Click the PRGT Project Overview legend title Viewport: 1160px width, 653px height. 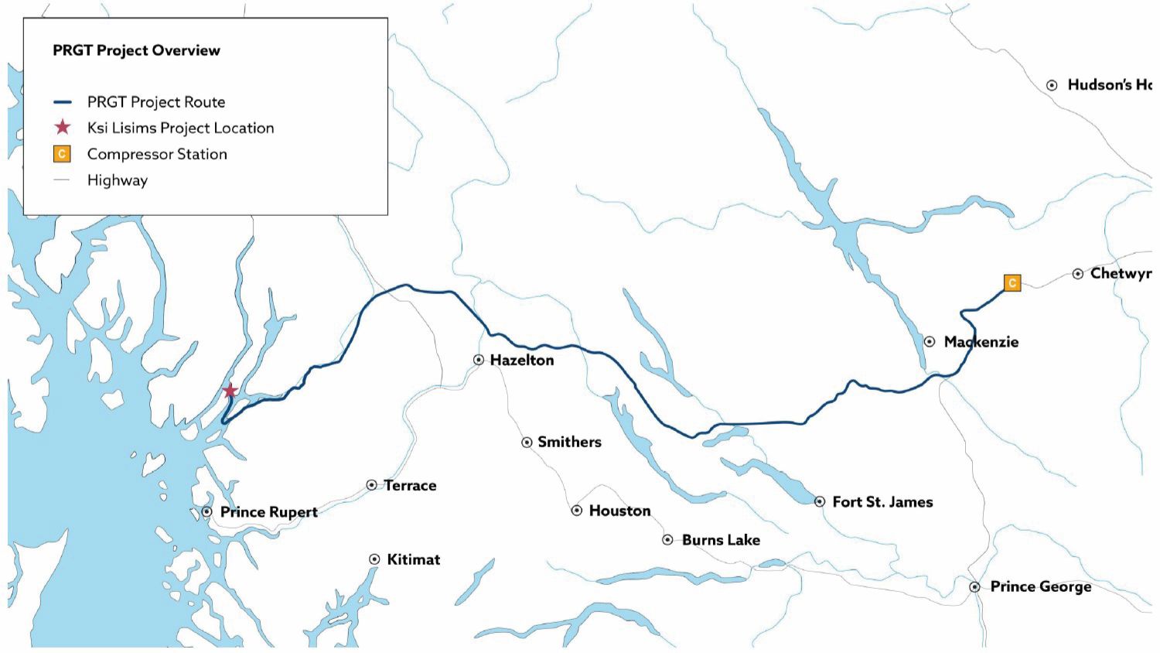click(x=136, y=50)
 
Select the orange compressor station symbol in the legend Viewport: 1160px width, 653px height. click(x=62, y=154)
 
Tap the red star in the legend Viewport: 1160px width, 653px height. click(x=62, y=128)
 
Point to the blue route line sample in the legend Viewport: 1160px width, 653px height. click(x=62, y=102)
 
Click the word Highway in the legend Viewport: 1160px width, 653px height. click(x=117, y=180)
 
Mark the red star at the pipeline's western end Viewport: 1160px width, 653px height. click(x=230, y=391)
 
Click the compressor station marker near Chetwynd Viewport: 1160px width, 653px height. click(x=1012, y=282)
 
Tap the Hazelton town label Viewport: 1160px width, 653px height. click(x=521, y=360)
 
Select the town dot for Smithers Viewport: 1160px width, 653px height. click(x=527, y=443)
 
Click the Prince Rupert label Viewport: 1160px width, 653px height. click(x=268, y=511)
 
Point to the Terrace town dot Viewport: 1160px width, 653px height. click(x=371, y=485)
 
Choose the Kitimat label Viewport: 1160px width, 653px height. click(x=413, y=559)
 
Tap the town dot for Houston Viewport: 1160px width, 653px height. click(x=577, y=511)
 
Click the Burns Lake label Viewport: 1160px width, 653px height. click(x=721, y=540)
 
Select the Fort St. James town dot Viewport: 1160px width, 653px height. click(x=820, y=501)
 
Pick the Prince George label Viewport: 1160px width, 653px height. click(x=1040, y=586)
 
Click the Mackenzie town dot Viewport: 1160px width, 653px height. click(x=930, y=341)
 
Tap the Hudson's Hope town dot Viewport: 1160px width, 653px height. click(x=1052, y=85)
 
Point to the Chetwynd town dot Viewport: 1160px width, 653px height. click(x=1078, y=274)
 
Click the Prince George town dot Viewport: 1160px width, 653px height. click(x=975, y=587)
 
